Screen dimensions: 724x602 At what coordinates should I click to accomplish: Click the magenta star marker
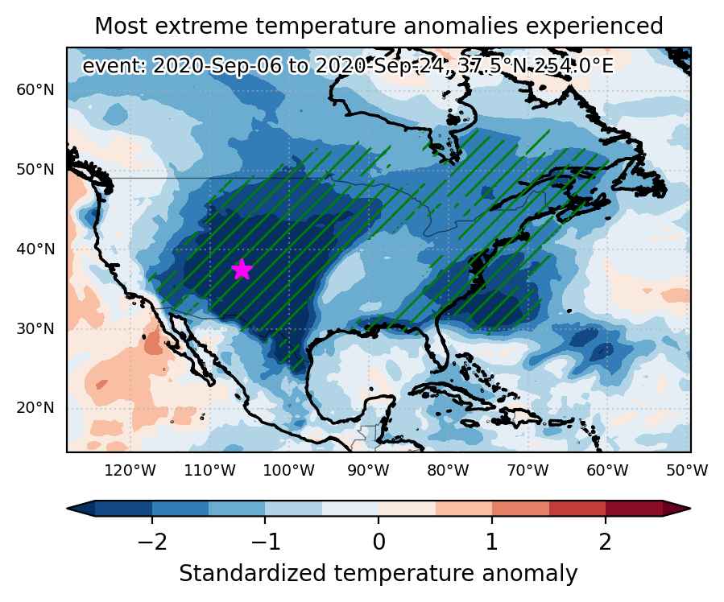click(x=242, y=270)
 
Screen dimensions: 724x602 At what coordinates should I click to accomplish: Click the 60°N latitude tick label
click(x=35, y=89)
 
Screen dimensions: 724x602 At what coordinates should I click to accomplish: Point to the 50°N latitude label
click(x=35, y=169)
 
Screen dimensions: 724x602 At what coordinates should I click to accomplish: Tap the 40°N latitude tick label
click(x=35, y=249)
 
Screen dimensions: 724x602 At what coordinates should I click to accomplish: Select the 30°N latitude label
click(x=35, y=329)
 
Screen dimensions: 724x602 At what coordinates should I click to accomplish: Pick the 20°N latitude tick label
click(x=35, y=408)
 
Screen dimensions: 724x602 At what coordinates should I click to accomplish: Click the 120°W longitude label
click(x=130, y=471)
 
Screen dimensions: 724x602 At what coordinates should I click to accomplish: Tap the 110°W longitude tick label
click(x=210, y=471)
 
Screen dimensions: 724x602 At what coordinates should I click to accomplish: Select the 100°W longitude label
click(x=289, y=471)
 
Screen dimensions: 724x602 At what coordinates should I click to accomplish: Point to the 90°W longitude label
click(x=369, y=471)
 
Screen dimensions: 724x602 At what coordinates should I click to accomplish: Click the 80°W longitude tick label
click(x=449, y=471)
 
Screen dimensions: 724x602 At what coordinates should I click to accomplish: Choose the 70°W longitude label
click(x=527, y=471)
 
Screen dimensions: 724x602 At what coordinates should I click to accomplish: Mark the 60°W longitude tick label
click(x=608, y=471)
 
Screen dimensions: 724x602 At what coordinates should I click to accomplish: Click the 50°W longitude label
click(x=687, y=471)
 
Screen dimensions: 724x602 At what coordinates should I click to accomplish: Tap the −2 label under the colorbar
click(x=152, y=542)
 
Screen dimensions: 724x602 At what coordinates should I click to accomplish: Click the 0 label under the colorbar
click(x=379, y=542)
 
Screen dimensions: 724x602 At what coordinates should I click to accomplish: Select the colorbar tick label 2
click(x=606, y=542)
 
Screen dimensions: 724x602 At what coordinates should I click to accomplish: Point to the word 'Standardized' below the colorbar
click(x=253, y=574)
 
